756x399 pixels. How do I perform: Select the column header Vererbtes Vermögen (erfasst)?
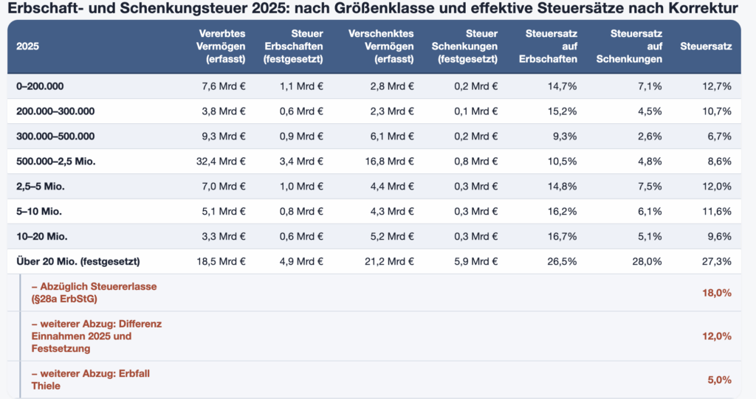(221, 46)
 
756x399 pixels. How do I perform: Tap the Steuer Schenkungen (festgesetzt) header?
(464, 46)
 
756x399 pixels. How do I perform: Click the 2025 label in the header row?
(27, 46)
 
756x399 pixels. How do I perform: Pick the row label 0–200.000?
(40, 86)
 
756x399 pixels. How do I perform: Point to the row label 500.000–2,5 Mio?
(56, 162)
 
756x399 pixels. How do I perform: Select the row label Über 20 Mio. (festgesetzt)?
(78, 262)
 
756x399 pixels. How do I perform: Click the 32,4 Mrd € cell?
(221, 162)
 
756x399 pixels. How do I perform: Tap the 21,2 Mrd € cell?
(389, 262)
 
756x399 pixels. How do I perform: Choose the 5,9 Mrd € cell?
(476, 262)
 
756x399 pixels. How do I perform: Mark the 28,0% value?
(647, 262)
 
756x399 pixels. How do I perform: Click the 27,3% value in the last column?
(717, 262)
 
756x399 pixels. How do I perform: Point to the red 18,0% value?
(717, 293)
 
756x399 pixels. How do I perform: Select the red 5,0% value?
(719, 380)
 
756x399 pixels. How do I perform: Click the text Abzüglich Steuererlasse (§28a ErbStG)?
(94, 293)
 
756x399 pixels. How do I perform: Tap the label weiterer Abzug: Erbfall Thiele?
(91, 380)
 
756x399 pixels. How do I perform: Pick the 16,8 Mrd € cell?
(389, 162)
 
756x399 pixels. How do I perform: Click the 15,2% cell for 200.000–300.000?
(562, 111)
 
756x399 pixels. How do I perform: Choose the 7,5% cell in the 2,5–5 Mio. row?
(650, 187)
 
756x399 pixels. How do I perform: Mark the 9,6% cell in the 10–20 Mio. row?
(719, 237)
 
